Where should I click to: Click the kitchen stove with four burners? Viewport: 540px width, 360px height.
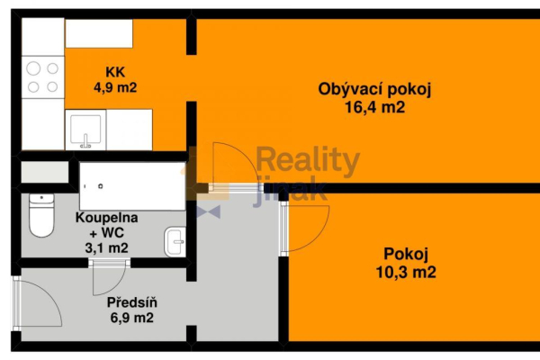click(x=43, y=76)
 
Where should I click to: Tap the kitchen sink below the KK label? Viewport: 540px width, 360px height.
click(x=85, y=131)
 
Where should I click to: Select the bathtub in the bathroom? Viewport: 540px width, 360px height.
click(x=131, y=185)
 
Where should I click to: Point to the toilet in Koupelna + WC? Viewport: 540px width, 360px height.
click(x=41, y=213)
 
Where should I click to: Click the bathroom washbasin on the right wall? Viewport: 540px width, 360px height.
click(x=175, y=240)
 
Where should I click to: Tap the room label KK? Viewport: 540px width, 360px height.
click(x=114, y=72)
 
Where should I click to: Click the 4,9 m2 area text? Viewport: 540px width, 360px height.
click(x=114, y=87)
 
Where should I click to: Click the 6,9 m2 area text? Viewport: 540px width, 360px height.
click(x=130, y=318)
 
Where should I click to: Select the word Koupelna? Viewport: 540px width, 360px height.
click(x=107, y=218)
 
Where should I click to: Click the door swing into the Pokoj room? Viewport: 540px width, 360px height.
click(x=306, y=225)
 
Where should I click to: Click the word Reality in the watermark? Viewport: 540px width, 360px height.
click(x=308, y=162)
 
